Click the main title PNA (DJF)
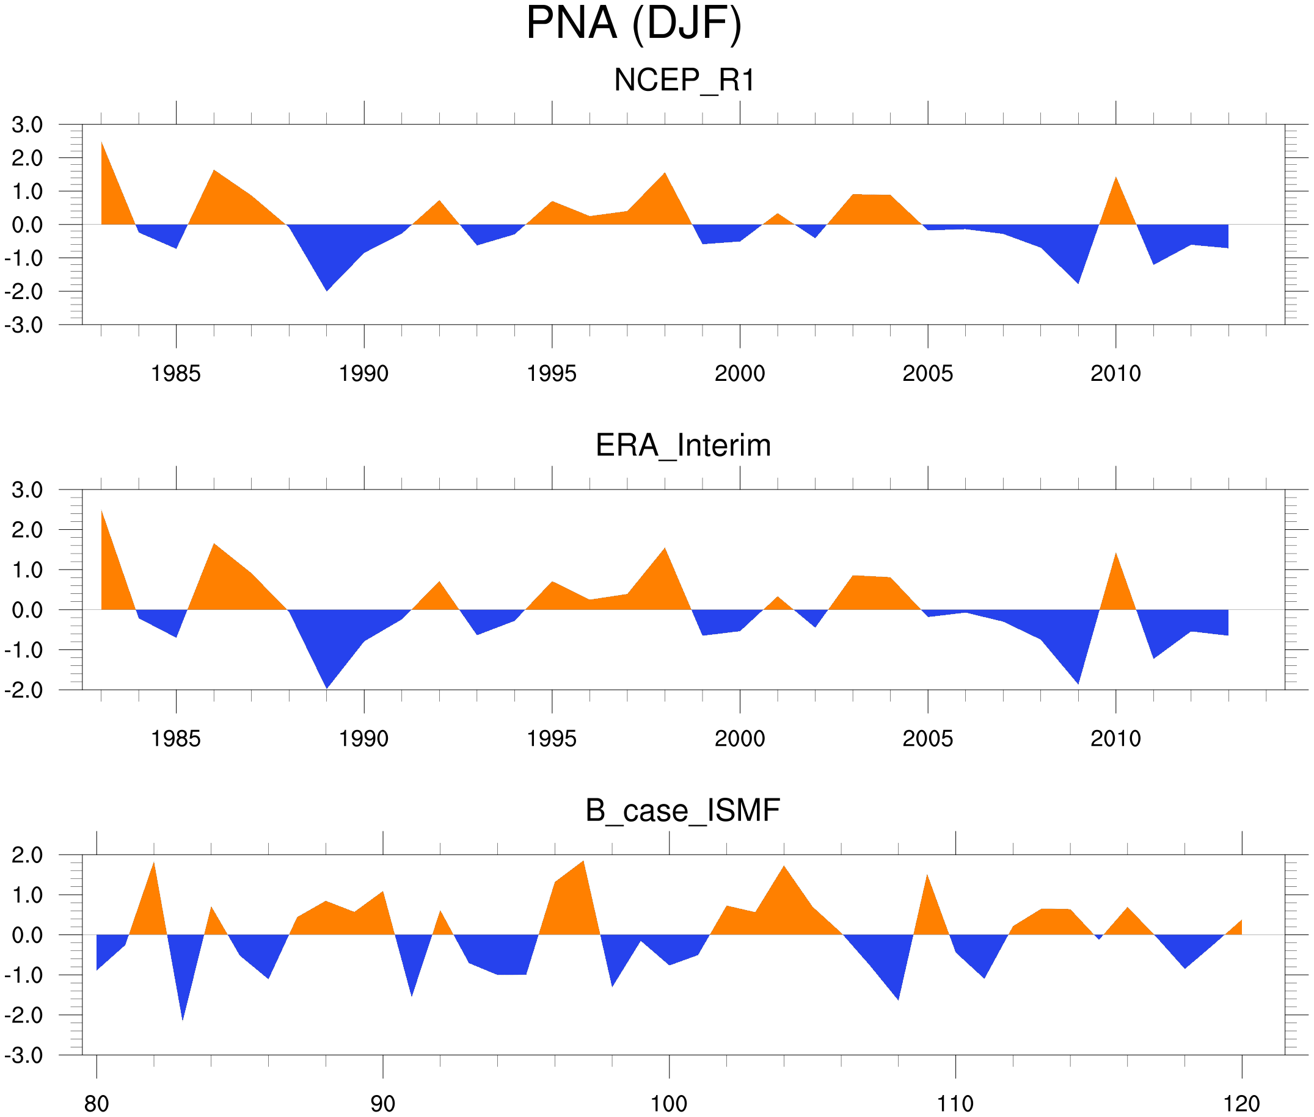pos(633,24)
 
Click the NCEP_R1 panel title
pos(684,81)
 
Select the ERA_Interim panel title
pos(683,445)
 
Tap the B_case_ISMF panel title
pos(682,811)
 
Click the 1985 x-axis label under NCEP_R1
pos(175,374)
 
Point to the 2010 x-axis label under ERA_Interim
pos(1115,739)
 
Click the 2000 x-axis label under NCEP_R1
pos(739,374)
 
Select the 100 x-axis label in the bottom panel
pos(669,1104)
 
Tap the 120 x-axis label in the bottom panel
pos(1241,1104)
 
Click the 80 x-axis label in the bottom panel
pos(97,1104)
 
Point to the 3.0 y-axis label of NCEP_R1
pos(27,125)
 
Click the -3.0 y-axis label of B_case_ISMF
pos(24,1055)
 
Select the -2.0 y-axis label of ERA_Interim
pos(24,690)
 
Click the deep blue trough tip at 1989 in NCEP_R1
pos(326,290)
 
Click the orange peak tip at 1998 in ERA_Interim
pos(665,548)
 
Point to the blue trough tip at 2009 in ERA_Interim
pos(1078,683)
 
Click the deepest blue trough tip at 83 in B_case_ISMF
pos(183,1019)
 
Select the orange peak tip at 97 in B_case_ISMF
pos(583,861)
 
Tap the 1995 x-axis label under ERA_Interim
pos(551,739)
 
